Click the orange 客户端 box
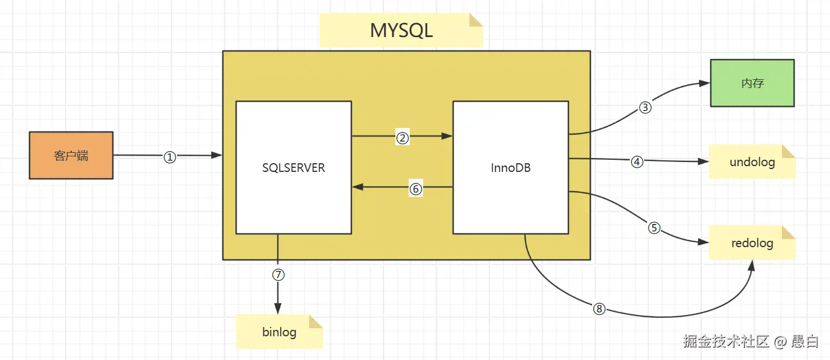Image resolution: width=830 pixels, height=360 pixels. coord(71,155)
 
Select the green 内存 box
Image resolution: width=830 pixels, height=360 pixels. coord(752,83)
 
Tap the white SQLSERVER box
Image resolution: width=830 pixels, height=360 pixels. coord(293,167)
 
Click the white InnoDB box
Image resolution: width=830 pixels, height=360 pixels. coord(510,167)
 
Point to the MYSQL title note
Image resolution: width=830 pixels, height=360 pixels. coord(401,30)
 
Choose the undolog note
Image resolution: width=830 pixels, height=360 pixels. coord(752,161)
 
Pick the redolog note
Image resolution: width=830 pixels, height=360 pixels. coord(752,243)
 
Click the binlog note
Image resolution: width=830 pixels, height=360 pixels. coord(279,332)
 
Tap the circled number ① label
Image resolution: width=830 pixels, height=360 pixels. coord(169,157)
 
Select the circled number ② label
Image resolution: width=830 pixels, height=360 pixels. coord(402,138)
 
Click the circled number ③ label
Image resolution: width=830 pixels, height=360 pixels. coord(645,108)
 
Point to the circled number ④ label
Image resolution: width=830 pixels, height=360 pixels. coord(637,161)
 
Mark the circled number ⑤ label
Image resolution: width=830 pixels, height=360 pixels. coord(654,228)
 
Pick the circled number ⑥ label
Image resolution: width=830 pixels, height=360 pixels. coord(416,189)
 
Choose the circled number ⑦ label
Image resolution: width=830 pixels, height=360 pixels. coord(278,275)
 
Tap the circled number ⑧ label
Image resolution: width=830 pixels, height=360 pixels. coord(599,310)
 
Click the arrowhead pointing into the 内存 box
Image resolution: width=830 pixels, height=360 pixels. coord(704,83)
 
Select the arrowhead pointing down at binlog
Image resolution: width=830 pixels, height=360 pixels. coord(278,308)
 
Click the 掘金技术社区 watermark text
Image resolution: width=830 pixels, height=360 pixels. coord(726,342)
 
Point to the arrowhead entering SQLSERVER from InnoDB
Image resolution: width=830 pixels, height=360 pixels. coord(358,187)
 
